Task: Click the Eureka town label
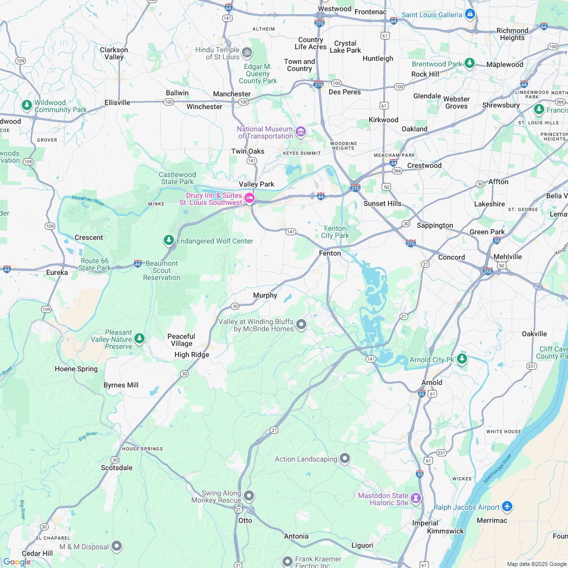(57, 272)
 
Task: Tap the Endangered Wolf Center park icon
(169, 239)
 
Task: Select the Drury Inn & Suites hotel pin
(250, 198)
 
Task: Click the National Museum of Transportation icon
(301, 132)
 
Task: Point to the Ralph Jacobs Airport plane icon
(507, 506)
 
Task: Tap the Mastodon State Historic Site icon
(416, 498)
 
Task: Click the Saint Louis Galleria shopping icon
(470, 14)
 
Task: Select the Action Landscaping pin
(345, 458)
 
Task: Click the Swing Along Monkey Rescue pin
(248, 495)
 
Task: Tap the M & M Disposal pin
(117, 546)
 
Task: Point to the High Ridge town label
(192, 354)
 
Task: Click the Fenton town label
(330, 253)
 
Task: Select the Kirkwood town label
(384, 120)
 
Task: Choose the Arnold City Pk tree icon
(461, 359)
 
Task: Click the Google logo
(16, 561)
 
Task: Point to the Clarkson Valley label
(114, 53)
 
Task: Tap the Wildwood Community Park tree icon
(27, 105)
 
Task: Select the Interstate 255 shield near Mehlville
(487, 271)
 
